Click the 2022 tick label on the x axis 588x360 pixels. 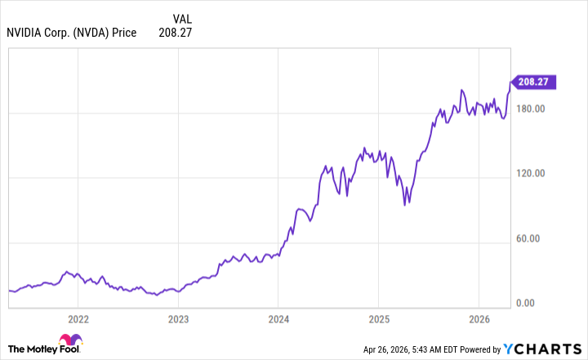[78, 318]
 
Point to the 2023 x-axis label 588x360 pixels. [178, 318]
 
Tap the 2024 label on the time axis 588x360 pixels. [278, 318]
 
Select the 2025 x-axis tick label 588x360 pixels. [378, 318]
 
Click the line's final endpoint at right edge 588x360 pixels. [510, 81]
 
